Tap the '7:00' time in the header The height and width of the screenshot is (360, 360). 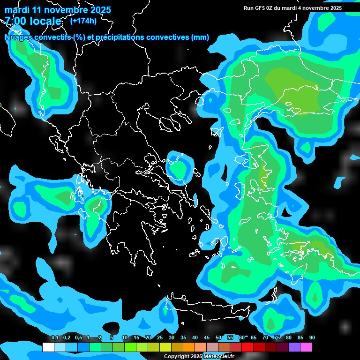(x=14, y=21)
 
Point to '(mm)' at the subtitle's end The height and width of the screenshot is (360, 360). (x=200, y=37)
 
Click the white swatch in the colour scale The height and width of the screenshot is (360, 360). (x=48, y=347)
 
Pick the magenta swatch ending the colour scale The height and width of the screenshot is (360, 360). (x=306, y=347)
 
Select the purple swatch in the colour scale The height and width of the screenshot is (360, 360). (x=294, y=347)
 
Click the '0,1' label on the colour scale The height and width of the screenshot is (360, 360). (x=55, y=338)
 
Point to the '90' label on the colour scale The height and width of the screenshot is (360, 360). (x=312, y=338)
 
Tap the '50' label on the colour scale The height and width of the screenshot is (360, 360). (x=218, y=338)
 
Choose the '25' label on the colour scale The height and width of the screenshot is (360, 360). (x=160, y=338)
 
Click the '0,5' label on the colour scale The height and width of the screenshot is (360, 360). (x=78, y=338)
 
